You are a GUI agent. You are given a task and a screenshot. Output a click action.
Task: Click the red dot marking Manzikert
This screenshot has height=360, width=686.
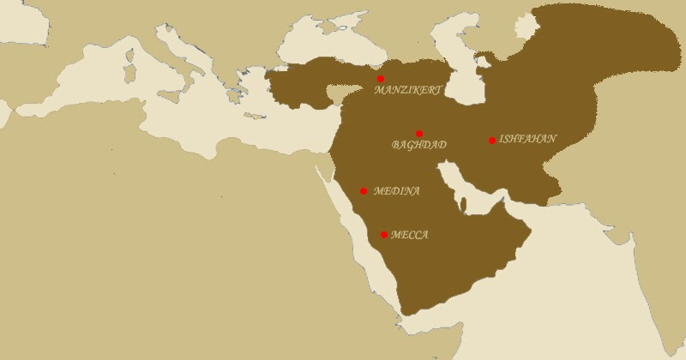pyautogui.click(x=381, y=79)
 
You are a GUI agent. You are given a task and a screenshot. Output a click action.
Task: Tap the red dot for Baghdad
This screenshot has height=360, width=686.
pyautogui.click(x=419, y=134)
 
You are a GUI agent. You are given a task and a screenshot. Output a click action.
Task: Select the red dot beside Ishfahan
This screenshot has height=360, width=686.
pyautogui.click(x=492, y=141)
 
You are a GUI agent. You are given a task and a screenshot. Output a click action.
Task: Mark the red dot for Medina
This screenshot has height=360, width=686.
pyautogui.click(x=364, y=191)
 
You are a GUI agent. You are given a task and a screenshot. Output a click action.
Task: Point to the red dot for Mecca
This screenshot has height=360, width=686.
pyautogui.click(x=384, y=235)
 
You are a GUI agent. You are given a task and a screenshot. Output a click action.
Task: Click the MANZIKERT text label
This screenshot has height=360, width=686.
pyautogui.click(x=409, y=89)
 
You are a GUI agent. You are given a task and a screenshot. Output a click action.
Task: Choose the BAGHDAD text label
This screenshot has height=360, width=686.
pyautogui.click(x=418, y=145)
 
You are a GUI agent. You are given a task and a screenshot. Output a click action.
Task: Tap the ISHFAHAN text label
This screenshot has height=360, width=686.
pyautogui.click(x=527, y=139)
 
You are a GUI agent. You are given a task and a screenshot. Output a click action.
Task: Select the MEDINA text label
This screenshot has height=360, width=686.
pyautogui.click(x=396, y=191)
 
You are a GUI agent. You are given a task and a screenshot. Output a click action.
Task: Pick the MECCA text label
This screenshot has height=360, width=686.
pyautogui.click(x=409, y=235)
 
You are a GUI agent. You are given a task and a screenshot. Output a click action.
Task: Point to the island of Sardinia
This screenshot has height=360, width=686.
pyautogui.click(x=131, y=69)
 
